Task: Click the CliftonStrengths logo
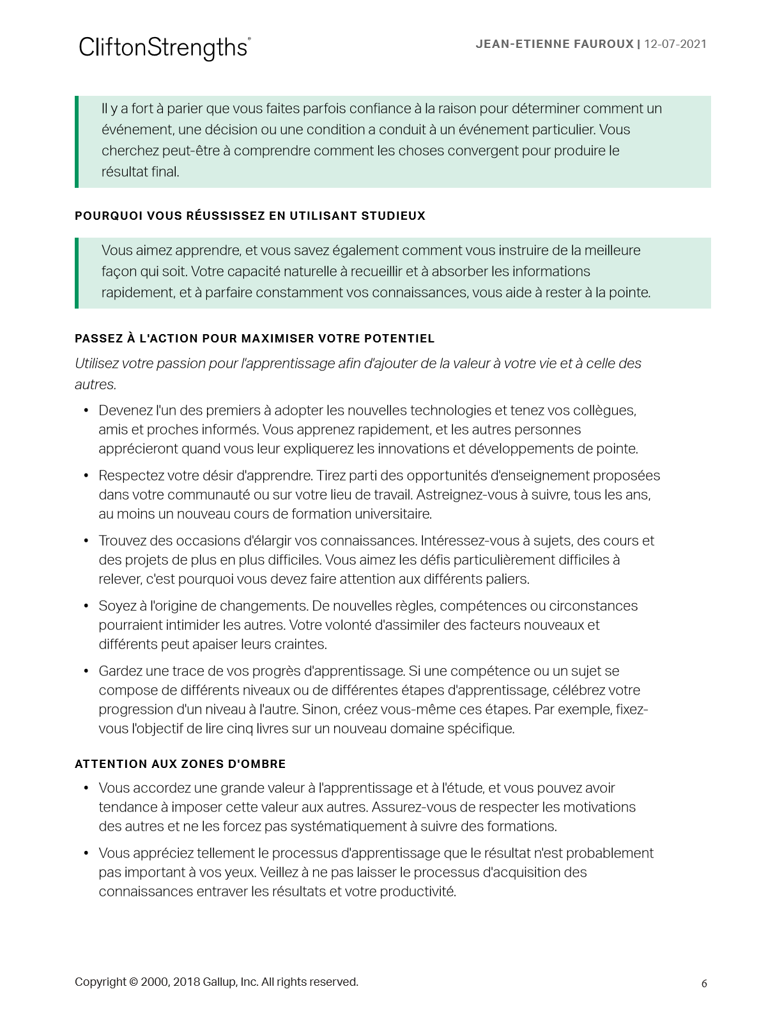[164, 48]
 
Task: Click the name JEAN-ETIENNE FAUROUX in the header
[555, 44]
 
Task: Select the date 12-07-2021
[675, 44]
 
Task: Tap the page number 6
[704, 983]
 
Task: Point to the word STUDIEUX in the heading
[394, 216]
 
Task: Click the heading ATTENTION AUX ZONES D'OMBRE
[180, 764]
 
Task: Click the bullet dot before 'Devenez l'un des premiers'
[86, 410]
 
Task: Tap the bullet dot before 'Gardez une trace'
[86, 671]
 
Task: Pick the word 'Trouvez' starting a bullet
[123, 540]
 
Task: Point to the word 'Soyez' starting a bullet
[117, 606]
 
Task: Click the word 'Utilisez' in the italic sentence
[96, 364]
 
